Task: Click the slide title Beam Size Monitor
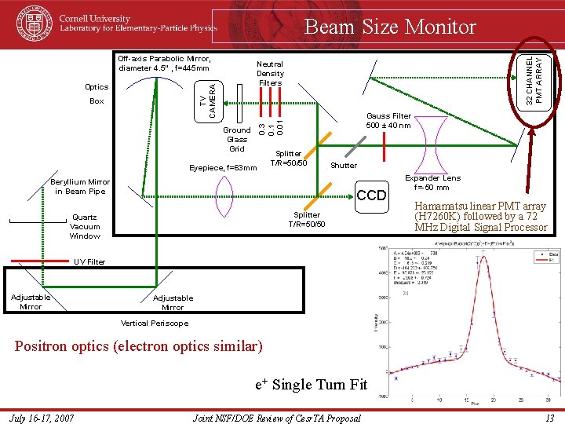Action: (x=390, y=27)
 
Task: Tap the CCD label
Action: (x=371, y=195)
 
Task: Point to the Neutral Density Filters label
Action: (x=270, y=73)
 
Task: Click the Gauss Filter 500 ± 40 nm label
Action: (x=388, y=120)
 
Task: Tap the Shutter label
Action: (x=344, y=166)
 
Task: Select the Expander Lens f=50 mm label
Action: (x=432, y=183)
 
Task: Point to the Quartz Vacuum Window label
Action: (x=85, y=226)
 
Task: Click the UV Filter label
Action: (x=89, y=262)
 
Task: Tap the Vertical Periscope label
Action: (x=155, y=323)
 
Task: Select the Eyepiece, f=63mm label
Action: (x=224, y=167)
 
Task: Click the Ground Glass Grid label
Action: (x=237, y=139)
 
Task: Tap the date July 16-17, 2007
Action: (x=43, y=418)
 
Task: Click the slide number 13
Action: (x=549, y=418)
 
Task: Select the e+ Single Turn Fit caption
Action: (x=312, y=385)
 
